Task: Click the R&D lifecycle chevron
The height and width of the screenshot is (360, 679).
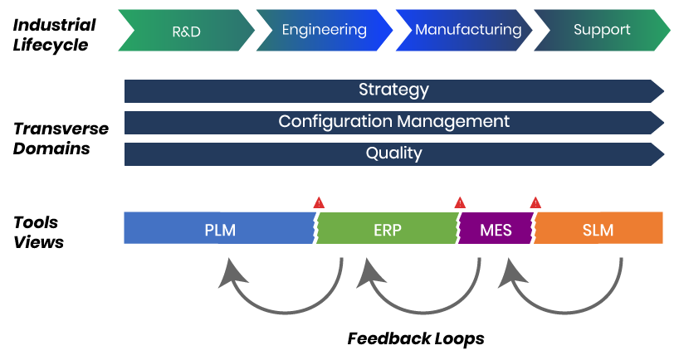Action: (x=186, y=31)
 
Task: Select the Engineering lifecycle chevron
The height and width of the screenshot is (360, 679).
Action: (x=325, y=31)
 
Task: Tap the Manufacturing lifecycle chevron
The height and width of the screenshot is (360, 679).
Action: (x=464, y=31)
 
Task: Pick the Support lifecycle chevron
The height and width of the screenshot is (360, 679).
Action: (x=602, y=31)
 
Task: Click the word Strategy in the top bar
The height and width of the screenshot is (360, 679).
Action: (x=393, y=90)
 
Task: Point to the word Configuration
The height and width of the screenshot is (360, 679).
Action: (x=335, y=122)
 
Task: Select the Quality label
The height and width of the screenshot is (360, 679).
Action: (x=393, y=153)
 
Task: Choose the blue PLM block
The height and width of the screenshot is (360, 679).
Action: (x=219, y=228)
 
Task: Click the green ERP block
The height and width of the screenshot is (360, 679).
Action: (x=387, y=228)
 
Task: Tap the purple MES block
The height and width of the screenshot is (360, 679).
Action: (x=496, y=228)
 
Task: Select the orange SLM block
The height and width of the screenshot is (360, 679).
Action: (x=598, y=228)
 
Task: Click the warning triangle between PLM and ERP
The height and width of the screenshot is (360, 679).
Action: (x=319, y=203)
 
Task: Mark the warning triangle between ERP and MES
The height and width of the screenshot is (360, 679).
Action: (x=460, y=203)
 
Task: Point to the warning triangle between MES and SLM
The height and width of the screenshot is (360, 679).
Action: (x=535, y=203)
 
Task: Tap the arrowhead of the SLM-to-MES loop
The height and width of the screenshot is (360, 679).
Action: (x=511, y=273)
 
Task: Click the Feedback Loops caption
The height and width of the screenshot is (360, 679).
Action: (x=416, y=338)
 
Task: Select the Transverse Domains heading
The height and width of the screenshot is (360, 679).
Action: (x=61, y=139)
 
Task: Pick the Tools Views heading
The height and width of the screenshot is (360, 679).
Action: (x=38, y=232)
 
